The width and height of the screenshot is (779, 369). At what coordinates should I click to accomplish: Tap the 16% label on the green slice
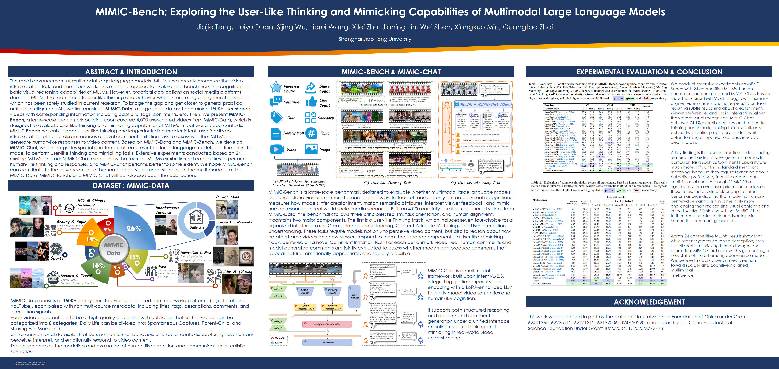click(x=98, y=266)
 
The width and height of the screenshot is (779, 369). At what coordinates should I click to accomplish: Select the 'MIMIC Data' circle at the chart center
click(x=113, y=249)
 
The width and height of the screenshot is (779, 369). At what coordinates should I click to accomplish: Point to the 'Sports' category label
click(x=57, y=258)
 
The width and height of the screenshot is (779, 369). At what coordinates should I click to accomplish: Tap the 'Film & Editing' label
click(x=237, y=272)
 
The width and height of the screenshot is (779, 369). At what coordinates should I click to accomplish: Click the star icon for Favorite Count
click(x=276, y=87)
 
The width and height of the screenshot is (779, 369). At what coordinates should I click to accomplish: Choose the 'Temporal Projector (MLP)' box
click(x=332, y=307)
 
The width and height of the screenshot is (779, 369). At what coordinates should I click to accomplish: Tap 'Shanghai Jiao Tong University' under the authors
click(x=375, y=39)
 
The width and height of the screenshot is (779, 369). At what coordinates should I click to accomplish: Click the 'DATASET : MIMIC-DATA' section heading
click(x=131, y=185)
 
